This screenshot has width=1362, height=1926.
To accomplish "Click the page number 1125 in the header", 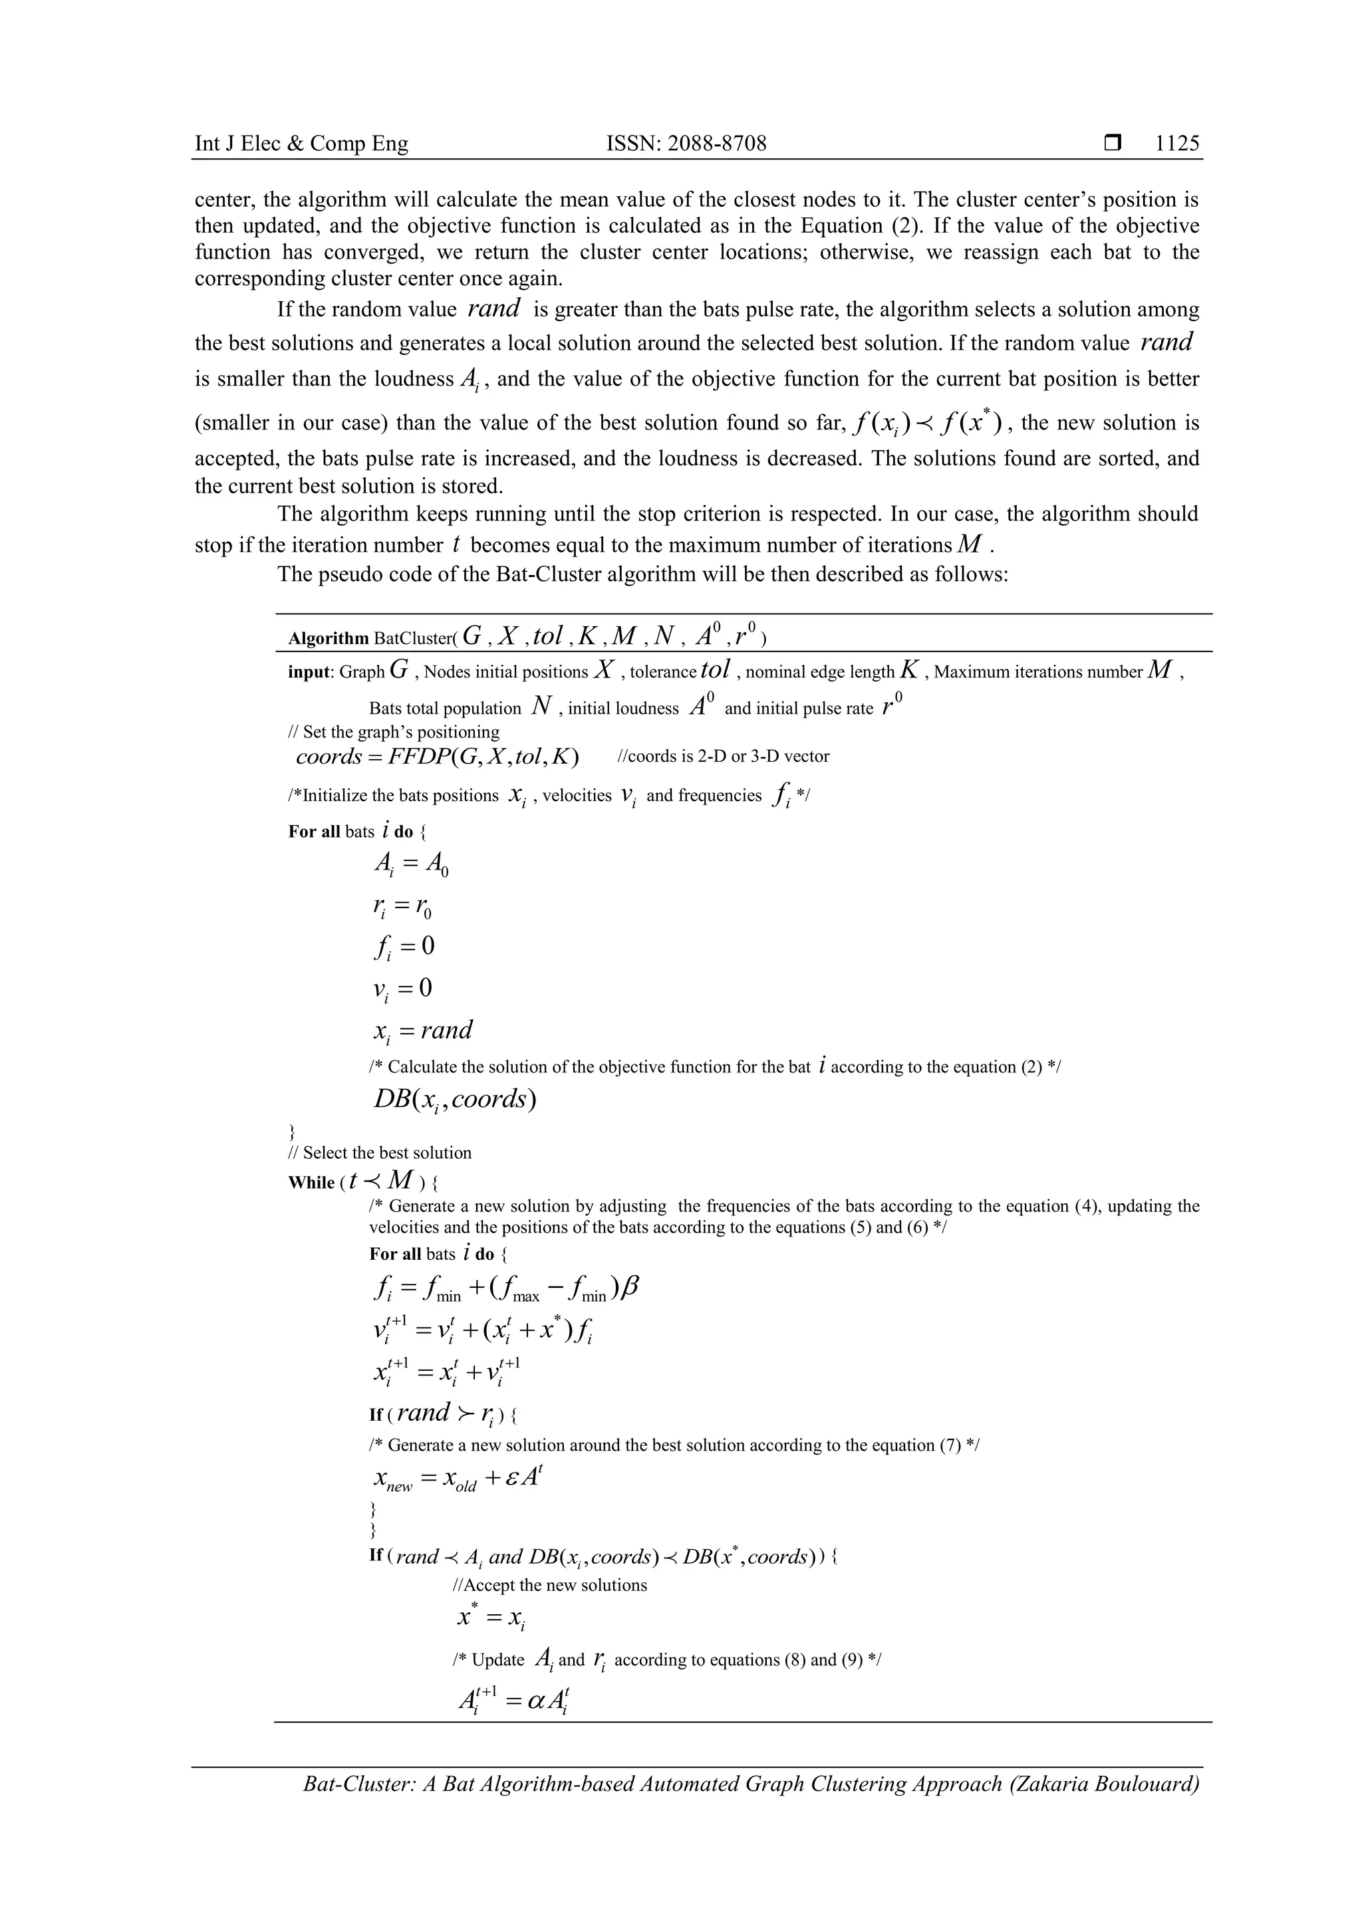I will pyautogui.click(x=1176, y=144).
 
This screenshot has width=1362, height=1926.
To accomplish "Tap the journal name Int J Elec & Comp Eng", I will pyautogui.click(x=301, y=144).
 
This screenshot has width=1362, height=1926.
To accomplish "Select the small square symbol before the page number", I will pyautogui.click(x=1113, y=144).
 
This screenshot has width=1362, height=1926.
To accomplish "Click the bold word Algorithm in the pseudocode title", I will pyautogui.click(x=328, y=638).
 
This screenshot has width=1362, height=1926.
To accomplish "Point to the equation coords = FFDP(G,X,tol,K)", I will pyautogui.click(x=437, y=757).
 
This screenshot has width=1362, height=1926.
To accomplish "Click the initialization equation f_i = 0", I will pyautogui.click(x=404, y=947).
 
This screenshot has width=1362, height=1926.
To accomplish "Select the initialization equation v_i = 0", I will pyautogui.click(x=403, y=988).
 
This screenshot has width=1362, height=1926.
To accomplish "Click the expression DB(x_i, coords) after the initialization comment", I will pyautogui.click(x=454, y=1100).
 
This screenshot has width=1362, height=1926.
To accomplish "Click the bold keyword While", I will pyautogui.click(x=311, y=1183).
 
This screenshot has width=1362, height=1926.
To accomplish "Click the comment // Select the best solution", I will pyautogui.click(x=380, y=1153).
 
